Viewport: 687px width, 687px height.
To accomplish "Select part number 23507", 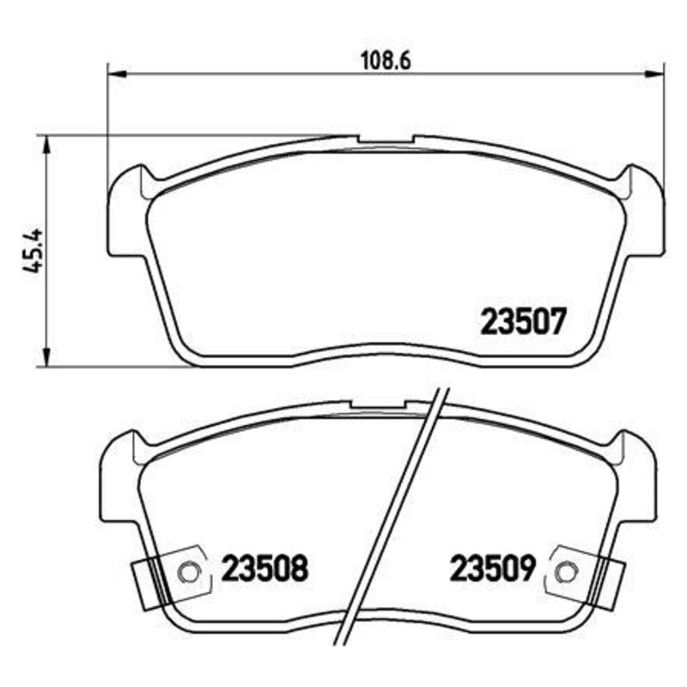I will [x=522, y=324].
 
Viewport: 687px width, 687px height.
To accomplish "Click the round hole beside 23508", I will [x=188, y=571].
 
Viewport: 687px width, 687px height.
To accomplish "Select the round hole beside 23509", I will [x=565, y=571].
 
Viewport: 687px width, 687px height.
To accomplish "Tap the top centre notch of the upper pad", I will [x=386, y=138].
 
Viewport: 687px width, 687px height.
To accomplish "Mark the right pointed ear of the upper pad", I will [x=637, y=178].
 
